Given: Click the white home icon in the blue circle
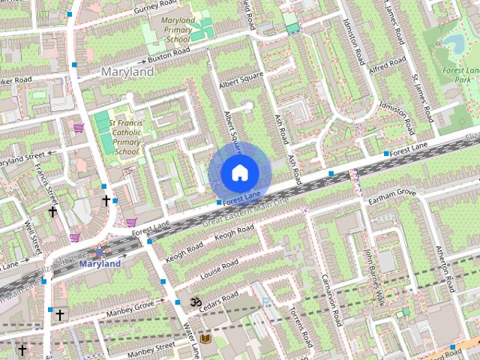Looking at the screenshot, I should (239, 172).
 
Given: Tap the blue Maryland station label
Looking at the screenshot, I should (100, 264).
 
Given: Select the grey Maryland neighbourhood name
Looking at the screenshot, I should (127, 72).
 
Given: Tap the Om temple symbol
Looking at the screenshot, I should (195, 302).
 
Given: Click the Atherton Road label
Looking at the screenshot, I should (445, 269).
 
